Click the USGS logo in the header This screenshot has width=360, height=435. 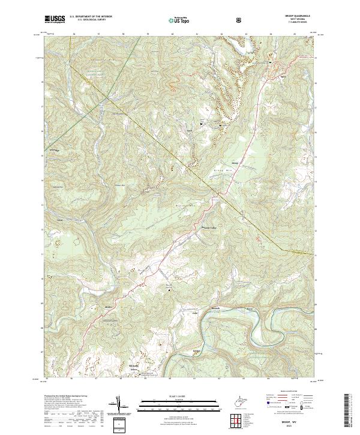pyautogui.click(x=55, y=19)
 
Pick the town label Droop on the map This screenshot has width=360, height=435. pyautogui.click(x=235, y=163)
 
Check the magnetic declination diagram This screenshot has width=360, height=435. pyautogui.click(x=127, y=408)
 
